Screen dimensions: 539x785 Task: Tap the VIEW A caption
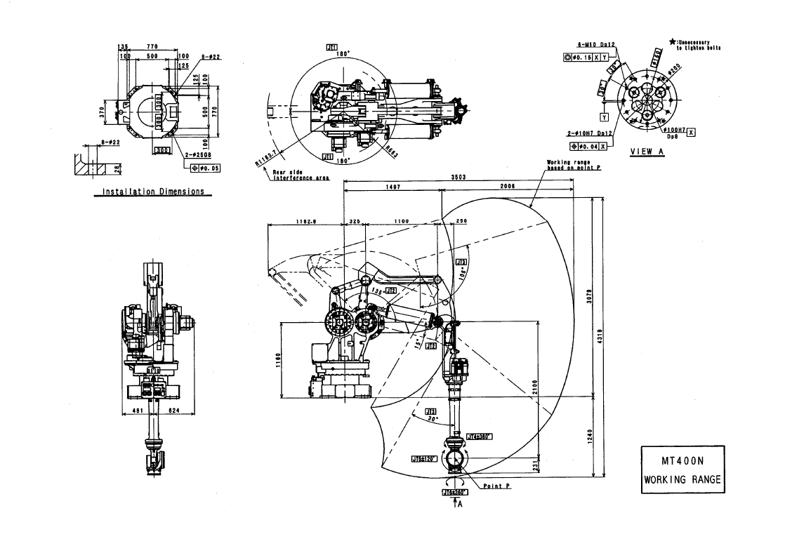click(x=647, y=151)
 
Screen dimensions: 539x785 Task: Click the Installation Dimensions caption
click(x=153, y=192)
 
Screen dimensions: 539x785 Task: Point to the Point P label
click(x=496, y=486)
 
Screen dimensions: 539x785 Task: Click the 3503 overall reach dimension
click(x=459, y=178)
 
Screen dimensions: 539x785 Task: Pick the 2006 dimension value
click(x=507, y=187)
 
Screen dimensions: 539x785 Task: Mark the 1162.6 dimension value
click(x=308, y=221)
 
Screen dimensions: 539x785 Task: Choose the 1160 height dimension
click(x=278, y=359)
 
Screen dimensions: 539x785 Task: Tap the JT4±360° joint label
click(x=480, y=436)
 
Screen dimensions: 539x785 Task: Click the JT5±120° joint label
click(x=424, y=458)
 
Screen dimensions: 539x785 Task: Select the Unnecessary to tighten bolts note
click(x=698, y=46)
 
